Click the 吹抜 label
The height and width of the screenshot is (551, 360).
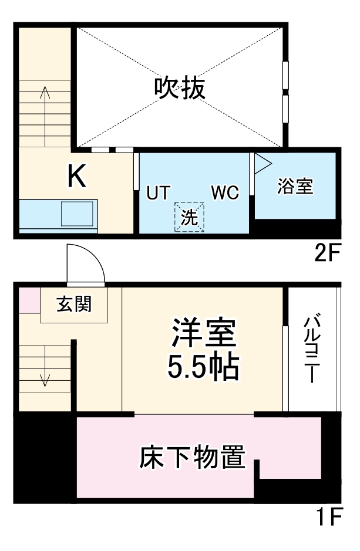tap(180, 88)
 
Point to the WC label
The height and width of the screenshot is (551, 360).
tap(225, 192)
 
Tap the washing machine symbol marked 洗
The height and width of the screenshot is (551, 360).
tap(189, 217)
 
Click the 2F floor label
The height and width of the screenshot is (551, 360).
tap(328, 253)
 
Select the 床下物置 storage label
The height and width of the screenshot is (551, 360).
tap(192, 457)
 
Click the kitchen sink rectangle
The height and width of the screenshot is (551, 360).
tap(77, 214)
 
